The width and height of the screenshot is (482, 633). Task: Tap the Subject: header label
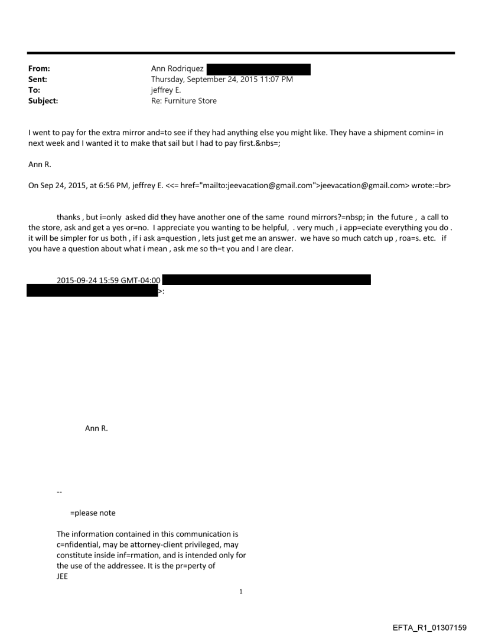[x=43, y=101]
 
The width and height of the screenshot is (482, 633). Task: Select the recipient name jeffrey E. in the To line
[x=166, y=90]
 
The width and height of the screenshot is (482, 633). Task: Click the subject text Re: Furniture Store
[x=184, y=101]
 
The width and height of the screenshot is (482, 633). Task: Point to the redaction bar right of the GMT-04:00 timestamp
[x=266, y=280]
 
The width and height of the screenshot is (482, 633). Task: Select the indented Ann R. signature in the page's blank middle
[x=96, y=429]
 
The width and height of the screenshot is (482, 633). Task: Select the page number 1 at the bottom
[x=241, y=591]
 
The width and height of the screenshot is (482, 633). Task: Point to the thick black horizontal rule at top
[x=241, y=53]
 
